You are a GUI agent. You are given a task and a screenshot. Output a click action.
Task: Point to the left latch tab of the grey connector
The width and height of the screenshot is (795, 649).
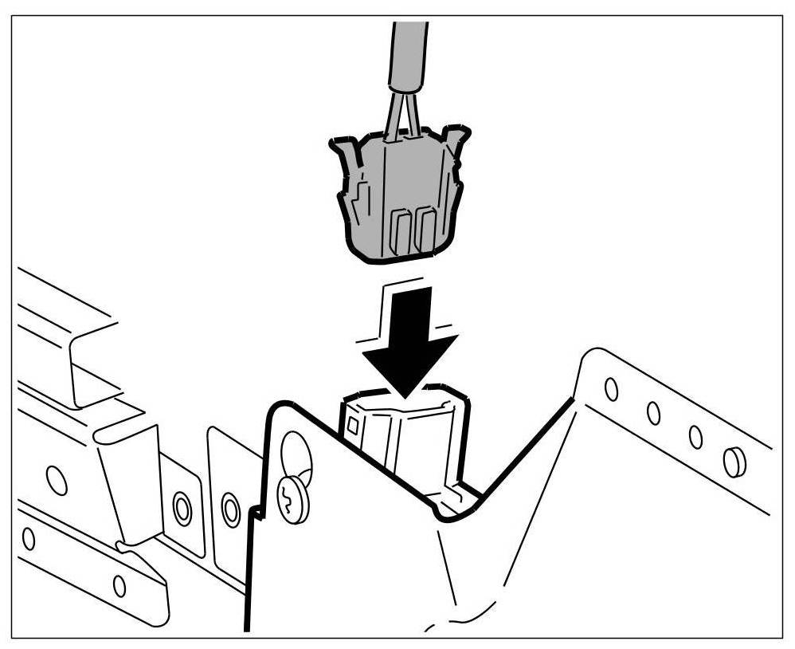[x=344, y=159]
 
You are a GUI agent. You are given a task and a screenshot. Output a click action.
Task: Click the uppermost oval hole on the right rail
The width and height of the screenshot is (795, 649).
[x=611, y=389]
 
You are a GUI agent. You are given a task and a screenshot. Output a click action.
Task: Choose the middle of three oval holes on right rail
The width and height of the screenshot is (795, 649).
[x=653, y=413]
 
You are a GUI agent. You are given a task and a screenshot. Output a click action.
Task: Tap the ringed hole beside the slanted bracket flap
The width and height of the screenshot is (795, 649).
[x=182, y=507]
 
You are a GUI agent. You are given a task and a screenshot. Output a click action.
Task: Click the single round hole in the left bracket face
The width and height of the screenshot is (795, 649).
[x=57, y=480]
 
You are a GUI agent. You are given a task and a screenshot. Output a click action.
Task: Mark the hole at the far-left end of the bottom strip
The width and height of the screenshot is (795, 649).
[x=29, y=539]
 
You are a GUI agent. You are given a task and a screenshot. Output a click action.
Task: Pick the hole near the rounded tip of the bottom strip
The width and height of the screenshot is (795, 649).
[x=119, y=586]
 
